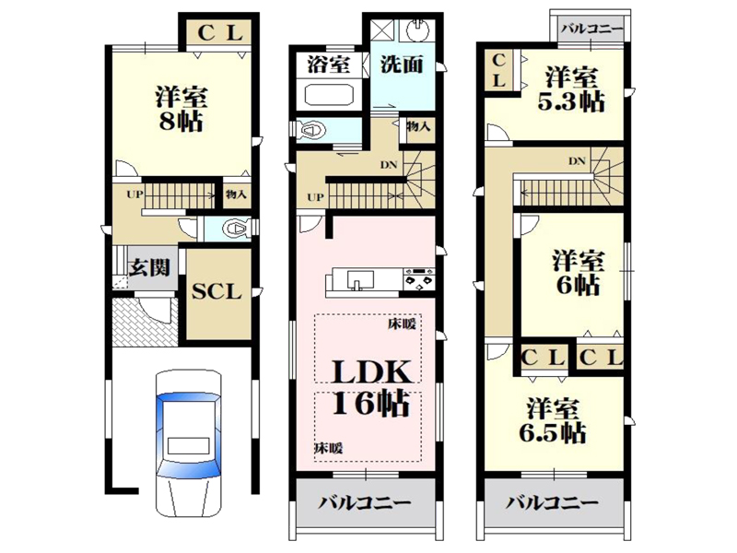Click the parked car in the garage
point(189,442)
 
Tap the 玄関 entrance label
point(149,268)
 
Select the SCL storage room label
point(216,291)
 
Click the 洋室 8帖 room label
point(181,109)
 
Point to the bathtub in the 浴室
point(329,95)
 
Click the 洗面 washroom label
point(402,65)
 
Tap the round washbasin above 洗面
point(417,31)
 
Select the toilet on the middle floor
point(311,130)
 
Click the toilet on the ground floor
point(236,229)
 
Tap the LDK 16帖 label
point(371,388)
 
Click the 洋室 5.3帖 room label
point(571,89)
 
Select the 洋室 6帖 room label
point(579,273)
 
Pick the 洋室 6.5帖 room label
point(553,421)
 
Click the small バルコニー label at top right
point(592,29)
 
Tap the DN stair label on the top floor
point(577,161)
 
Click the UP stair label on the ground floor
point(135,194)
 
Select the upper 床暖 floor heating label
point(402,324)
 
